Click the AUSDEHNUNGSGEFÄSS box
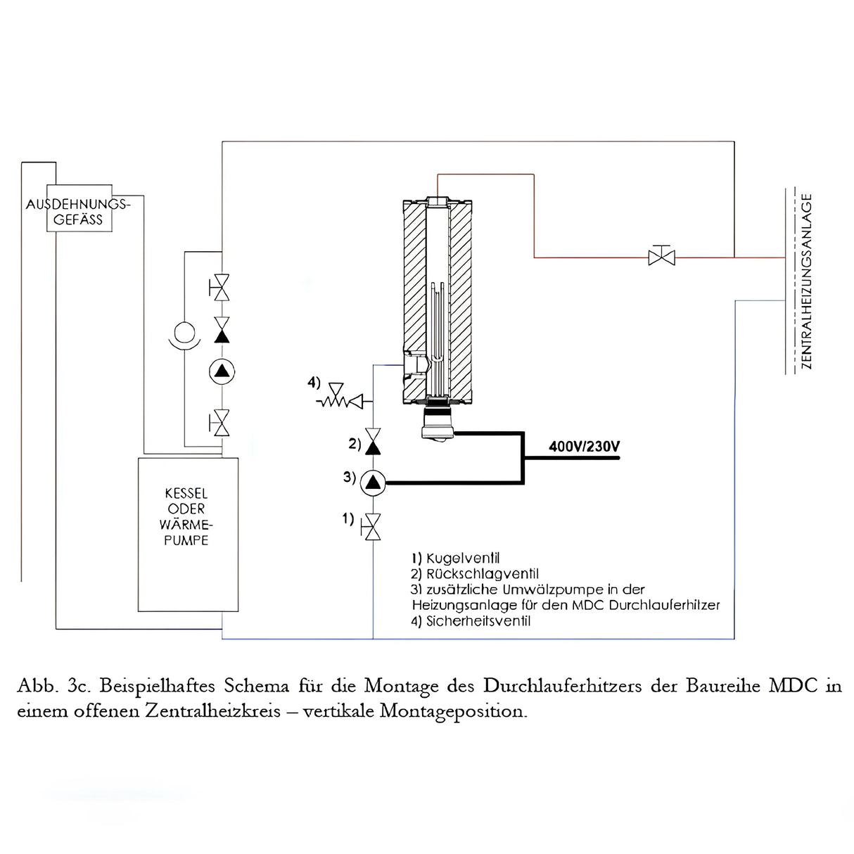pos(78,210)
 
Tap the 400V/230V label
pos(584,447)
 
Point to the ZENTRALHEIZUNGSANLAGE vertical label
pos(807,281)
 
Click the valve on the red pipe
pos(661,256)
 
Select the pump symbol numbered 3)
pos(373,483)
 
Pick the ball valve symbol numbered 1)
pos(372,526)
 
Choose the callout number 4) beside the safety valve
pos(314,383)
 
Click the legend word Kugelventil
pos(463,559)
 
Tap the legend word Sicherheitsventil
pos(478,621)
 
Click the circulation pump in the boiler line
pos(222,372)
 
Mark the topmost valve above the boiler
pos(222,287)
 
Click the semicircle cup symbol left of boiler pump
pos(184,333)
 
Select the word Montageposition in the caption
pos(453,710)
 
